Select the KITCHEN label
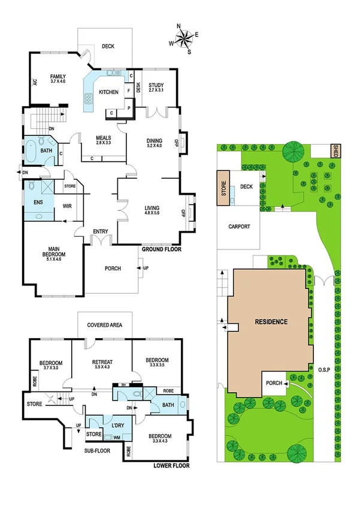coord(108,92)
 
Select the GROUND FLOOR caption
coord(161,249)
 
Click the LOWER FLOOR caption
coord(171,465)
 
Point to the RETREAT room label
coord(102,362)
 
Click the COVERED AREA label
coord(105,325)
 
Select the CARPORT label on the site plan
coord(239,227)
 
